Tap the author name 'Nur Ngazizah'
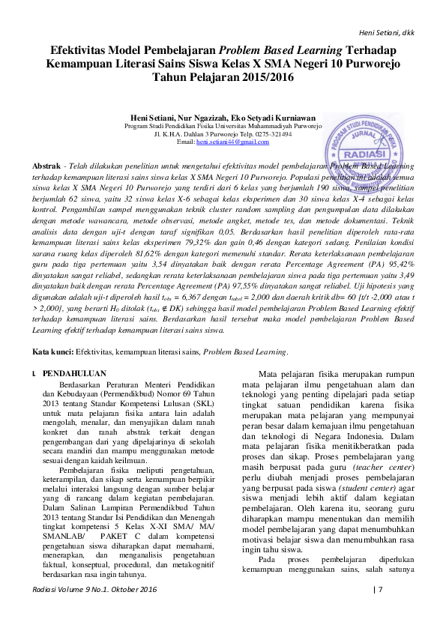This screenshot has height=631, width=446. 204,118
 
